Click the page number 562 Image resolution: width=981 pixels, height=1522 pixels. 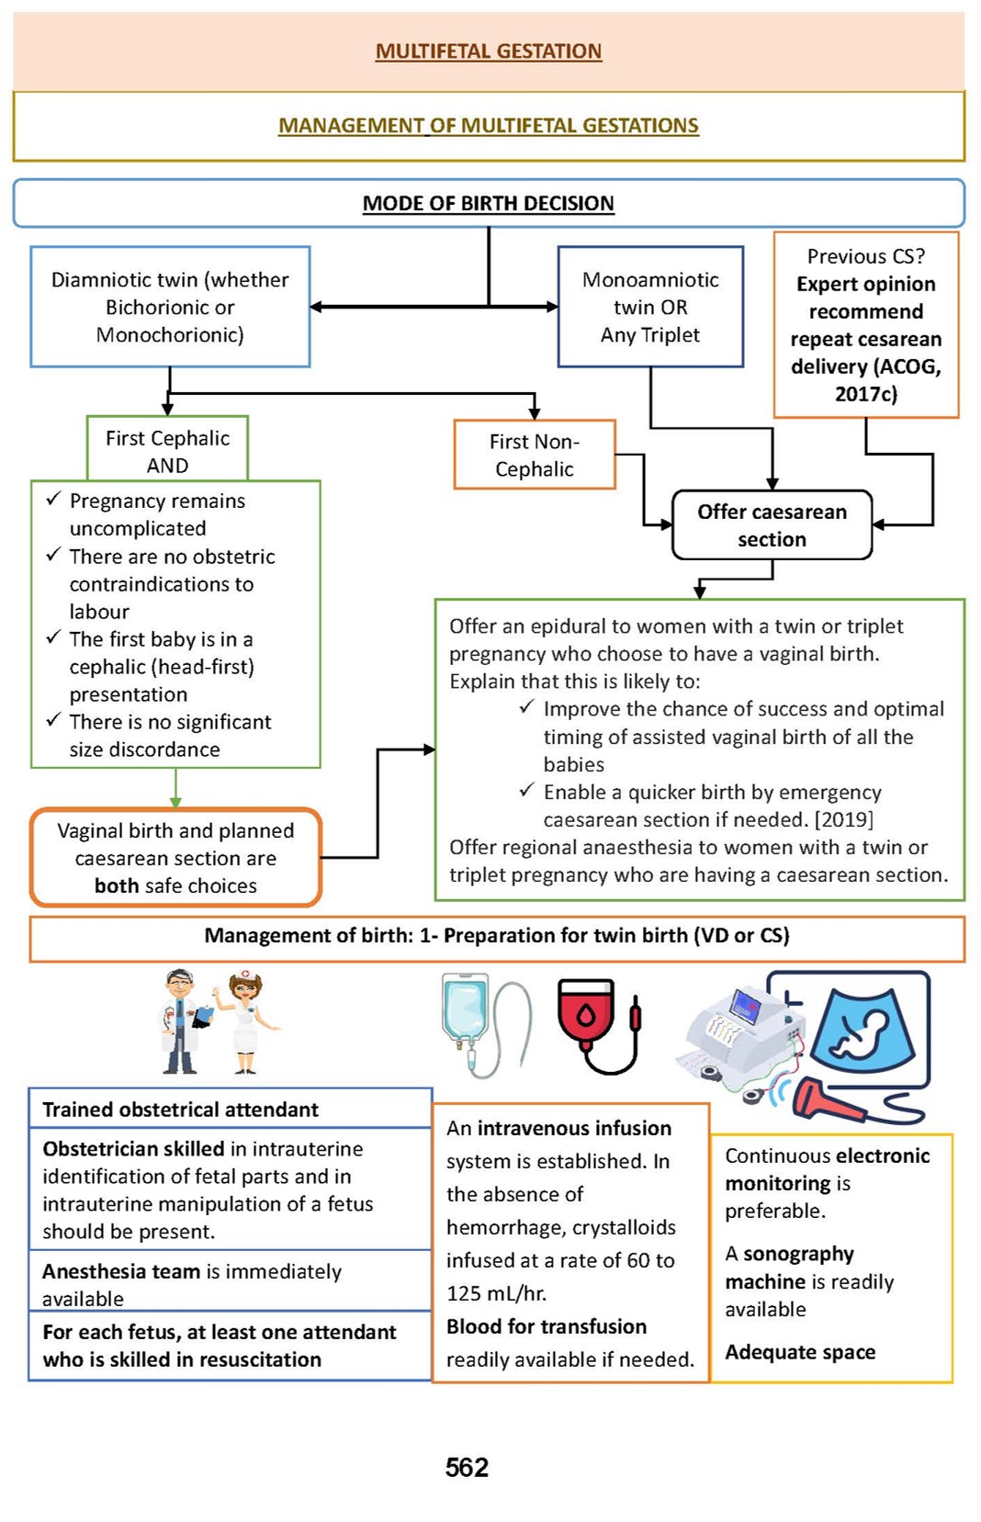pos(467,1467)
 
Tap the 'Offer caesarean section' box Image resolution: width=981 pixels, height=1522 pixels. pos(772,525)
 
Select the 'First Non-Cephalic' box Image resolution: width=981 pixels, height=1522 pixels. pos(534,455)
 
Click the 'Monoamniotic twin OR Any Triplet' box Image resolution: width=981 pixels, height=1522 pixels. pos(650,307)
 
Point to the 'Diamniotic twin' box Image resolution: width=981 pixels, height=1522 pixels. pos(170,307)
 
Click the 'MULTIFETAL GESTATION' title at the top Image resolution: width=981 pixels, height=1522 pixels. pos(489,51)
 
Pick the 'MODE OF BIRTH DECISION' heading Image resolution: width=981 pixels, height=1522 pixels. pos(489,203)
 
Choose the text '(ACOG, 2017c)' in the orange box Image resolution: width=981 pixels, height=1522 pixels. pos(866,380)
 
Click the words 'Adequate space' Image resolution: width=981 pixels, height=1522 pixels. pos(800,1352)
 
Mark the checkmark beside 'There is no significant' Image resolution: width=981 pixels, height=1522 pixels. pos(54,720)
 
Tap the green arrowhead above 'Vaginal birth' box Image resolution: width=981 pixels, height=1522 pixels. pos(175,802)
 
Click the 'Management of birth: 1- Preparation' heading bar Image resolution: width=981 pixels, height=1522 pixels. pos(497,936)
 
